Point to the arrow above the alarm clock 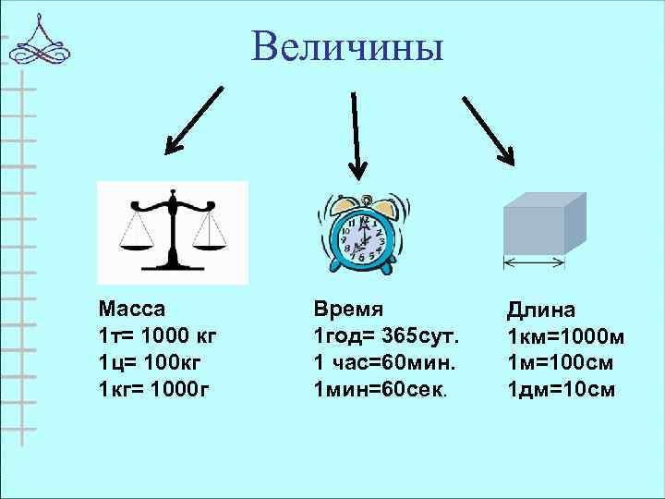356,135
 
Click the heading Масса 132,309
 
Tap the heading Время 348,309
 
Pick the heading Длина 541,310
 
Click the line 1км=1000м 565,337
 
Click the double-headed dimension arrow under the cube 534,263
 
